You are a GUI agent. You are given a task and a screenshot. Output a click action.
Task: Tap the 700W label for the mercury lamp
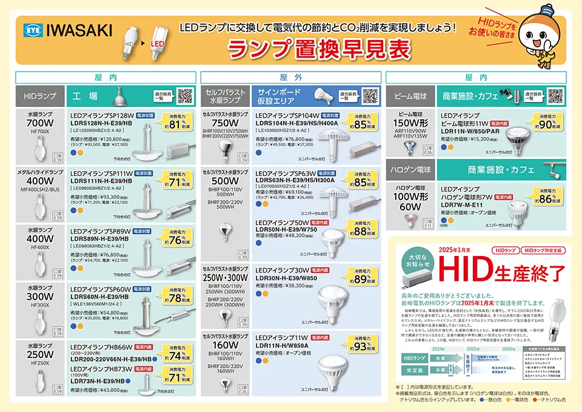click(40, 123)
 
